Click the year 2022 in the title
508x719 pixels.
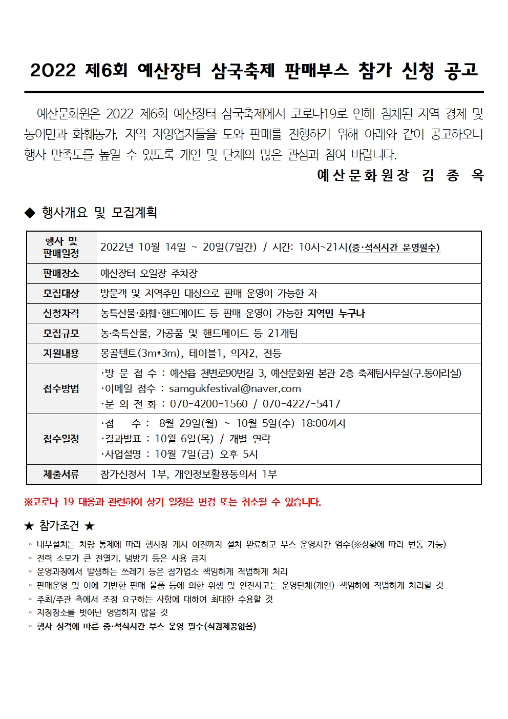[x=53, y=70]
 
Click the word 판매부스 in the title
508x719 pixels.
[x=316, y=70]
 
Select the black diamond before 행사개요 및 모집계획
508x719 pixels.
[x=30, y=212]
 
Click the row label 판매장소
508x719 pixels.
[x=61, y=274]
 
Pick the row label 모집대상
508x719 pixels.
[x=61, y=294]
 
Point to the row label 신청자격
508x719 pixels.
[x=61, y=314]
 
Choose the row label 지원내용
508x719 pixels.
[x=61, y=354]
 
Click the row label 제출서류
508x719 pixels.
[x=61, y=475]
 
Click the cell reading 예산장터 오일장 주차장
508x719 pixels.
[x=149, y=274]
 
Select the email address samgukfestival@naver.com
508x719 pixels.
[x=235, y=389]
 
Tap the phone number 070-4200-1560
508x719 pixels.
[x=208, y=404]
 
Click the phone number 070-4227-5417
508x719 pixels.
[x=301, y=404]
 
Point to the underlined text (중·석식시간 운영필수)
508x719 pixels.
[x=394, y=248]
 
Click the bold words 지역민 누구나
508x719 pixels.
[x=336, y=314]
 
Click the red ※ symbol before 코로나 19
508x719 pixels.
[x=28, y=502]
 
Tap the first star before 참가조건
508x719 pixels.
[x=29, y=526]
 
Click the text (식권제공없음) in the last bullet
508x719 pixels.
[x=230, y=626]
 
